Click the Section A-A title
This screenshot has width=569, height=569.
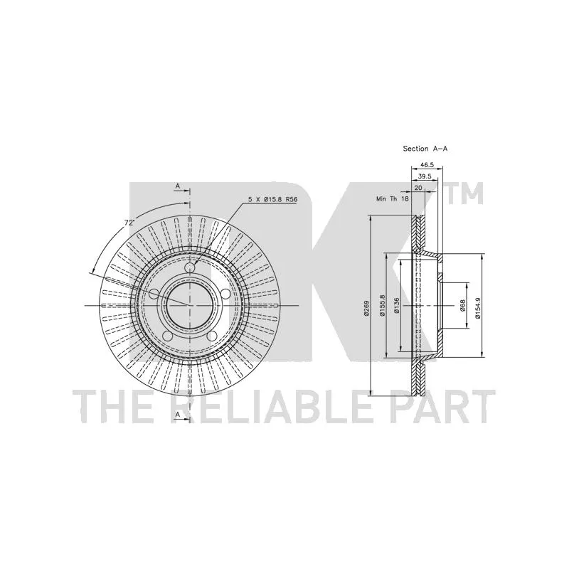click(425, 149)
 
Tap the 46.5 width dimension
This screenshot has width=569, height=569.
click(427, 164)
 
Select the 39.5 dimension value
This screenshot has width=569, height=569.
click(424, 176)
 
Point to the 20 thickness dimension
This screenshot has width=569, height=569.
click(418, 188)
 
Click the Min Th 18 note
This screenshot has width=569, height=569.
click(393, 199)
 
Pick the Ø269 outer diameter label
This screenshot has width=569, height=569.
click(366, 308)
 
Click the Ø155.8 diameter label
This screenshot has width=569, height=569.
click(382, 305)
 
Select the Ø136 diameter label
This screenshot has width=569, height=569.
click(396, 305)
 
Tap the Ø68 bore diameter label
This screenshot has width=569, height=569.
click(462, 306)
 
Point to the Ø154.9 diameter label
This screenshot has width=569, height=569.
click(477, 307)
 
